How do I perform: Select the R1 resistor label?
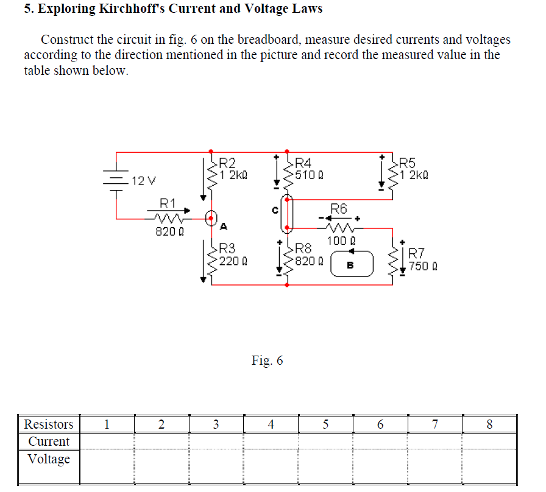point(168,203)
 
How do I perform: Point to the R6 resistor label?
point(339,209)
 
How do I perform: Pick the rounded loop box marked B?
point(350,265)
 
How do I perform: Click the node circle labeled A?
point(211,218)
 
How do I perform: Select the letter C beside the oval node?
point(275,210)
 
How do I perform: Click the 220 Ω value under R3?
point(232,261)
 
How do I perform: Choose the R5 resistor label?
point(406,163)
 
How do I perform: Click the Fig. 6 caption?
point(267,360)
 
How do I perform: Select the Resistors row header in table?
point(49,424)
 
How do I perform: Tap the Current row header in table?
point(49,441)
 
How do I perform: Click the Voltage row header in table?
point(49,459)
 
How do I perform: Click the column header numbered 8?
point(489,424)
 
